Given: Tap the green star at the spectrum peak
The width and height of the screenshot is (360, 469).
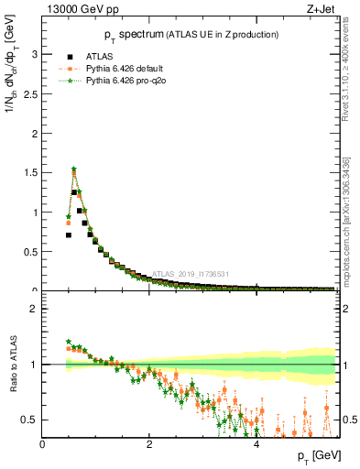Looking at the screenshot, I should pos(74,169).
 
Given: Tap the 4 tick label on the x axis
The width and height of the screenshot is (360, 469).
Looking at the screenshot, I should pos(256,444).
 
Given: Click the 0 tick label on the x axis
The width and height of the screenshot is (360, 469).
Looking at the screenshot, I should pos(42,444).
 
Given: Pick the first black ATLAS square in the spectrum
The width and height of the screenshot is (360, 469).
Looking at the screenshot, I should pos(69,235).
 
